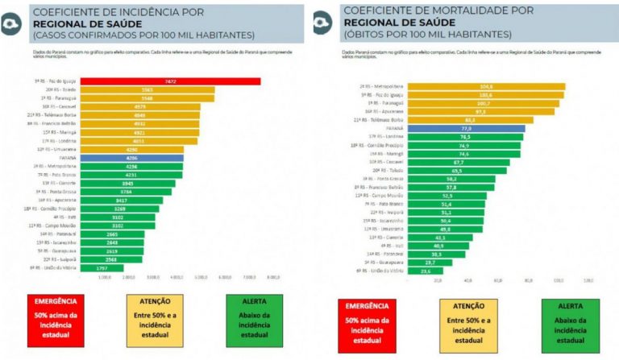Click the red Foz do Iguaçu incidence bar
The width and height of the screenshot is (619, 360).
pos(177,81)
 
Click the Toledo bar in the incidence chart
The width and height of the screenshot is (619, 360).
pos(145,89)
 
